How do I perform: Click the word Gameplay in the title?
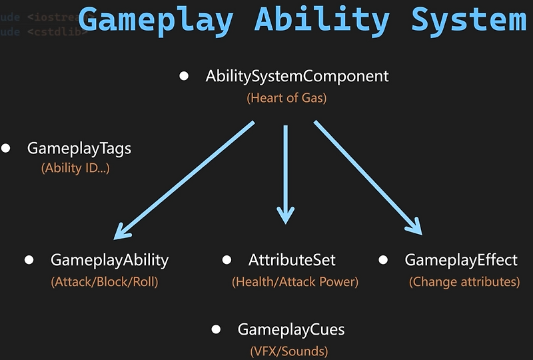(x=155, y=19)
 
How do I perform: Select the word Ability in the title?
(x=322, y=19)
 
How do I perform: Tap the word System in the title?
(x=468, y=19)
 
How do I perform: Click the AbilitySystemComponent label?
(x=296, y=76)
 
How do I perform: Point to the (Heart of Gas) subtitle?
(x=286, y=98)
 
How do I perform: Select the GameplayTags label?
(x=79, y=149)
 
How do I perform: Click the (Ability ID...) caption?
(x=75, y=169)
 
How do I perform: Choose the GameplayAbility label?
(x=109, y=260)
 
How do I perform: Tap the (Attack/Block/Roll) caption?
(x=105, y=282)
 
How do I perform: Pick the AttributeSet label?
(x=292, y=260)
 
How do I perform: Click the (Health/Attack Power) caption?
(x=295, y=282)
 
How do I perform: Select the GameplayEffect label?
(x=461, y=260)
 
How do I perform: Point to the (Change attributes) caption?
(x=464, y=282)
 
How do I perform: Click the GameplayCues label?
(x=291, y=329)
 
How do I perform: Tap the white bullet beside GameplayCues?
(x=216, y=329)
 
